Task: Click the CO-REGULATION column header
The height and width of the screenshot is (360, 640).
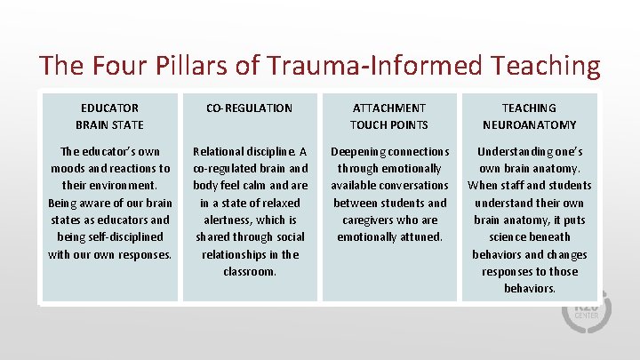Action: click(249, 108)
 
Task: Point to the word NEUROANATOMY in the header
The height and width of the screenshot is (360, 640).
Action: click(529, 124)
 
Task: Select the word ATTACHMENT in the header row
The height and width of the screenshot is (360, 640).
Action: click(388, 108)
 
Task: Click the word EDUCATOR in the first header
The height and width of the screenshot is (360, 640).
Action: click(109, 108)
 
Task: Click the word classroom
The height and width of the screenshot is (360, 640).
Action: click(249, 271)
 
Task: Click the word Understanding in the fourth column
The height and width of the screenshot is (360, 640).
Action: click(516, 151)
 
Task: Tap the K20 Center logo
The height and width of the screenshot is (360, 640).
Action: click(586, 311)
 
